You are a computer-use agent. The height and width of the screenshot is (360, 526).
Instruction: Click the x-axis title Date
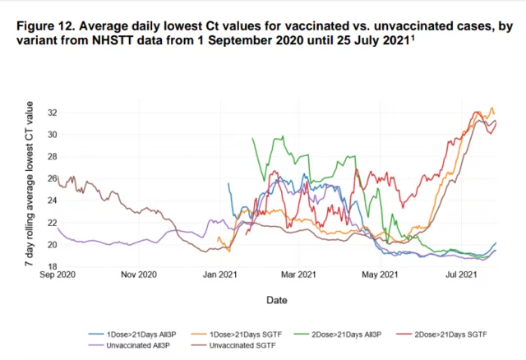pyautogui.click(x=277, y=302)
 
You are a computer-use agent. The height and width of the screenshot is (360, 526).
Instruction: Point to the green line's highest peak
pyautogui.click(x=283, y=136)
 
